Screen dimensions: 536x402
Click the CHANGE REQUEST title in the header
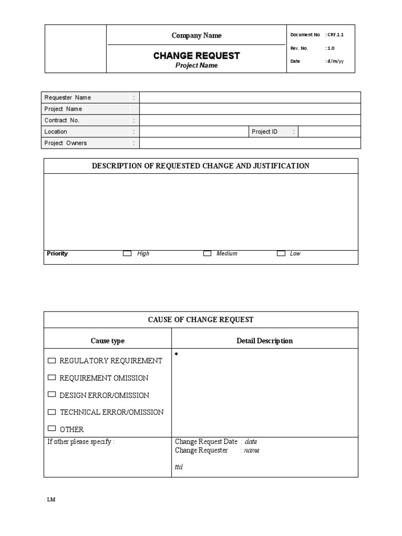pyautogui.click(x=196, y=55)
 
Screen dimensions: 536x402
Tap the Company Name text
pyautogui.click(x=196, y=36)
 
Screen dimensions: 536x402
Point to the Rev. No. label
pyautogui.click(x=299, y=48)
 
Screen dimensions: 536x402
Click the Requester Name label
pyautogui.click(x=68, y=97)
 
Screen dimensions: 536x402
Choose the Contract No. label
pyautogui.click(x=62, y=120)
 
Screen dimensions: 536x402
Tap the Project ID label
pyautogui.click(x=264, y=132)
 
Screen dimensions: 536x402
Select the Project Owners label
pyautogui.click(x=65, y=143)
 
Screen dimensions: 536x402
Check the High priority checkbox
pyautogui.click(x=127, y=253)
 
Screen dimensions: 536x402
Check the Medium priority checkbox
pyautogui.click(x=207, y=253)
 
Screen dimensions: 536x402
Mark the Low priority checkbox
pyautogui.click(x=281, y=253)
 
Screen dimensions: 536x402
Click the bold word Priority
pyautogui.click(x=57, y=253)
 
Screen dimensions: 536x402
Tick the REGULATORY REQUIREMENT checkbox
pyautogui.click(x=51, y=361)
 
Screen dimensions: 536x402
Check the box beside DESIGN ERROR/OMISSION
pyautogui.click(x=51, y=394)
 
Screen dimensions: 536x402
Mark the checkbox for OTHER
pyautogui.click(x=51, y=428)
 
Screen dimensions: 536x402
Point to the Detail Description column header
pyautogui.click(x=264, y=341)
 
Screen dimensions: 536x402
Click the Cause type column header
pyautogui.click(x=107, y=341)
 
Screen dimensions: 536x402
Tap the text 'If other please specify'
pyautogui.click(x=81, y=442)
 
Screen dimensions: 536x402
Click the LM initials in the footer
pyautogui.click(x=51, y=499)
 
